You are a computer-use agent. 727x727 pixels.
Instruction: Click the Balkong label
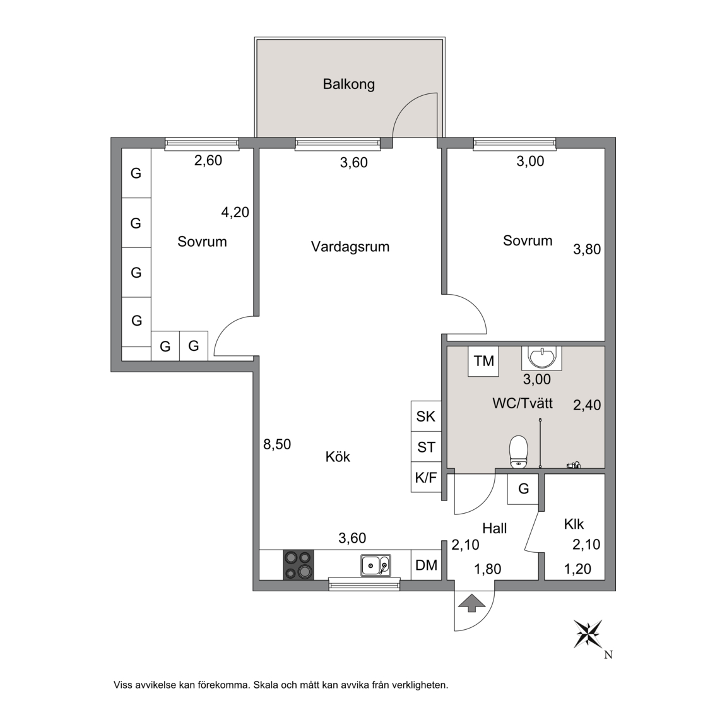[348, 85]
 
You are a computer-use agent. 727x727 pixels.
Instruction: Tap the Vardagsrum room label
[350, 247]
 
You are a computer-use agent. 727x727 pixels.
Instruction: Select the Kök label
[338, 457]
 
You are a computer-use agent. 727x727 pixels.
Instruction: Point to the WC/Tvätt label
[523, 403]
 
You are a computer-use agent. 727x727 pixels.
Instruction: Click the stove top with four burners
[298, 565]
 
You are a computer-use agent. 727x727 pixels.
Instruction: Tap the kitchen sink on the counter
[375, 565]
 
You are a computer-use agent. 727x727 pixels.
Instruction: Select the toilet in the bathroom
[518, 452]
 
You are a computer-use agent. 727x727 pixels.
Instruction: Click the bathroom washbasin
[541, 358]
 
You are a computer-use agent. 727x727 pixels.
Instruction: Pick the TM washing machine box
[483, 361]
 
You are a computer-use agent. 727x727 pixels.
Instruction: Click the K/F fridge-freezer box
[426, 477]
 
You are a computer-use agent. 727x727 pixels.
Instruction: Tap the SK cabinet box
[426, 417]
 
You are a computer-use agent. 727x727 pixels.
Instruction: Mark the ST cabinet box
[426, 447]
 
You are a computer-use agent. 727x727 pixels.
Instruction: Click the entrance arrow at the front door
[471, 603]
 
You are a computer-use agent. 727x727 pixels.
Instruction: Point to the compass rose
[588, 634]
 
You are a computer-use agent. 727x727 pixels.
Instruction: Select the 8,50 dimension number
[277, 444]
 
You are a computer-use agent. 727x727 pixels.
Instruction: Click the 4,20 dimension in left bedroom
[235, 212]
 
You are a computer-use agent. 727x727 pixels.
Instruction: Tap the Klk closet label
[574, 524]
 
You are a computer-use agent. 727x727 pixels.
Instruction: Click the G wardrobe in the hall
[523, 489]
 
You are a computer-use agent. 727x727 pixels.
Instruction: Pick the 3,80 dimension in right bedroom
[587, 249]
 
